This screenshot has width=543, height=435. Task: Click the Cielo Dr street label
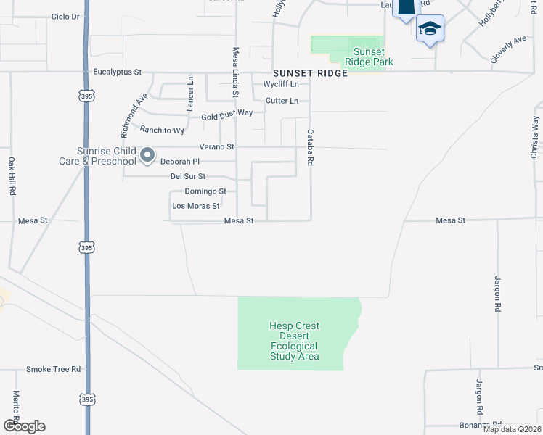click(65, 17)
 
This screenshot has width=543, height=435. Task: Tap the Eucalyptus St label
click(117, 72)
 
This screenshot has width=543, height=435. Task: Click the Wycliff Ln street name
click(281, 85)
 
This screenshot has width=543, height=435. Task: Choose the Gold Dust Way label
click(226, 115)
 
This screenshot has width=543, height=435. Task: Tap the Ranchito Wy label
click(162, 130)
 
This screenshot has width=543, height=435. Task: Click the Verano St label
click(217, 146)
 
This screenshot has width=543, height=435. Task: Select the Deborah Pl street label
click(179, 161)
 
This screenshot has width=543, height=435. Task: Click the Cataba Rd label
click(310, 148)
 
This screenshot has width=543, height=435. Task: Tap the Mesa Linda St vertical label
click(235, 72)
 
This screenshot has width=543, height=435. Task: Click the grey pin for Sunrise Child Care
click(147, 155)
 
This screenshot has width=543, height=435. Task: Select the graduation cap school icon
click(430, 30)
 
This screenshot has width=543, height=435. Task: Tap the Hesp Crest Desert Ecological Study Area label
click(294, 341)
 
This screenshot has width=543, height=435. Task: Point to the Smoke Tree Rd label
click(53, 369)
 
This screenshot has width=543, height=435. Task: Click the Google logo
click(24, 426)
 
